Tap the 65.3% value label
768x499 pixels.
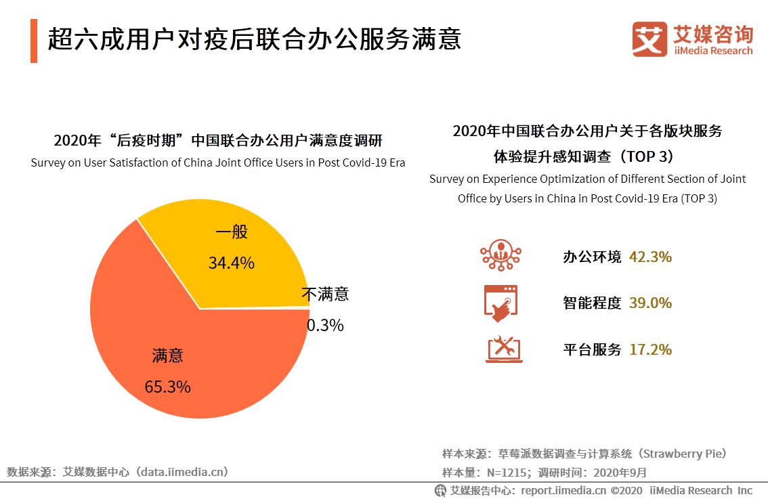pos(167,387)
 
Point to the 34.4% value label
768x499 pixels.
pos(231,263)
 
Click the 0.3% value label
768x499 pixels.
pos(325,326)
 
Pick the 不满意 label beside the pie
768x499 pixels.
pos(325,295)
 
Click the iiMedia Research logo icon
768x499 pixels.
pos(649,39)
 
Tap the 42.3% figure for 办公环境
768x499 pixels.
pos(650,257)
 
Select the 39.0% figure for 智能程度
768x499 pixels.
pos(650,303)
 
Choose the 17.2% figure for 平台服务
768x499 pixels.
pos(650,350)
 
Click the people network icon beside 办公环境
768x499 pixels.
pos(501,255)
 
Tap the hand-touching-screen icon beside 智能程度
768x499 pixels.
pos(501,303)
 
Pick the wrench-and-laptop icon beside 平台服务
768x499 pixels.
pos(503,349)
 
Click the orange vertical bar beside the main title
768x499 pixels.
pos(34,41)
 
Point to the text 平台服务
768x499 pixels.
pos(592,350)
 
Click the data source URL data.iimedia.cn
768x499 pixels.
pos(182,472)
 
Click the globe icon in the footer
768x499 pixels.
pos(441,490)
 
